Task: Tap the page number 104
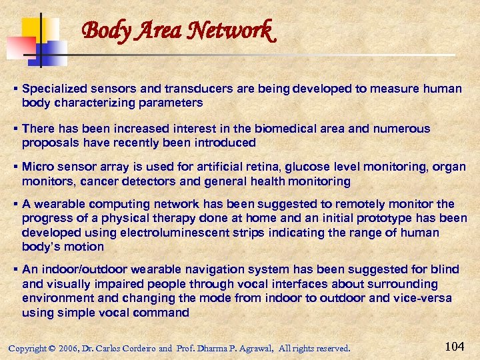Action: pos(455,345)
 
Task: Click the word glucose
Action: pos(294,167)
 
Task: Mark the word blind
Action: pos(446,269)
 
